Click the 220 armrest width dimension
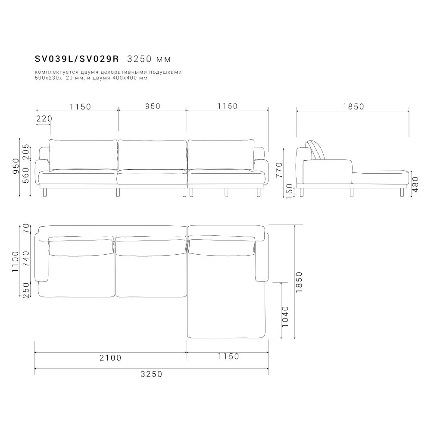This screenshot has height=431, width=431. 44,119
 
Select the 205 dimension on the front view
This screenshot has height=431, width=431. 26,152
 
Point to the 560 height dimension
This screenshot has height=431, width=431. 26,175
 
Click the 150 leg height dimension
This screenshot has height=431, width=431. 290,190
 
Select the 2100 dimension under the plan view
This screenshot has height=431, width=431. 111,357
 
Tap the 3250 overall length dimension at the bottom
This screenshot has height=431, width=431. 152,374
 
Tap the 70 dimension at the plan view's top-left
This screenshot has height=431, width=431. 26,229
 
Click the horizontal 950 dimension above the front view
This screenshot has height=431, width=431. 152,106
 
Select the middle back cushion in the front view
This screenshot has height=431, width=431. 152,155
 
